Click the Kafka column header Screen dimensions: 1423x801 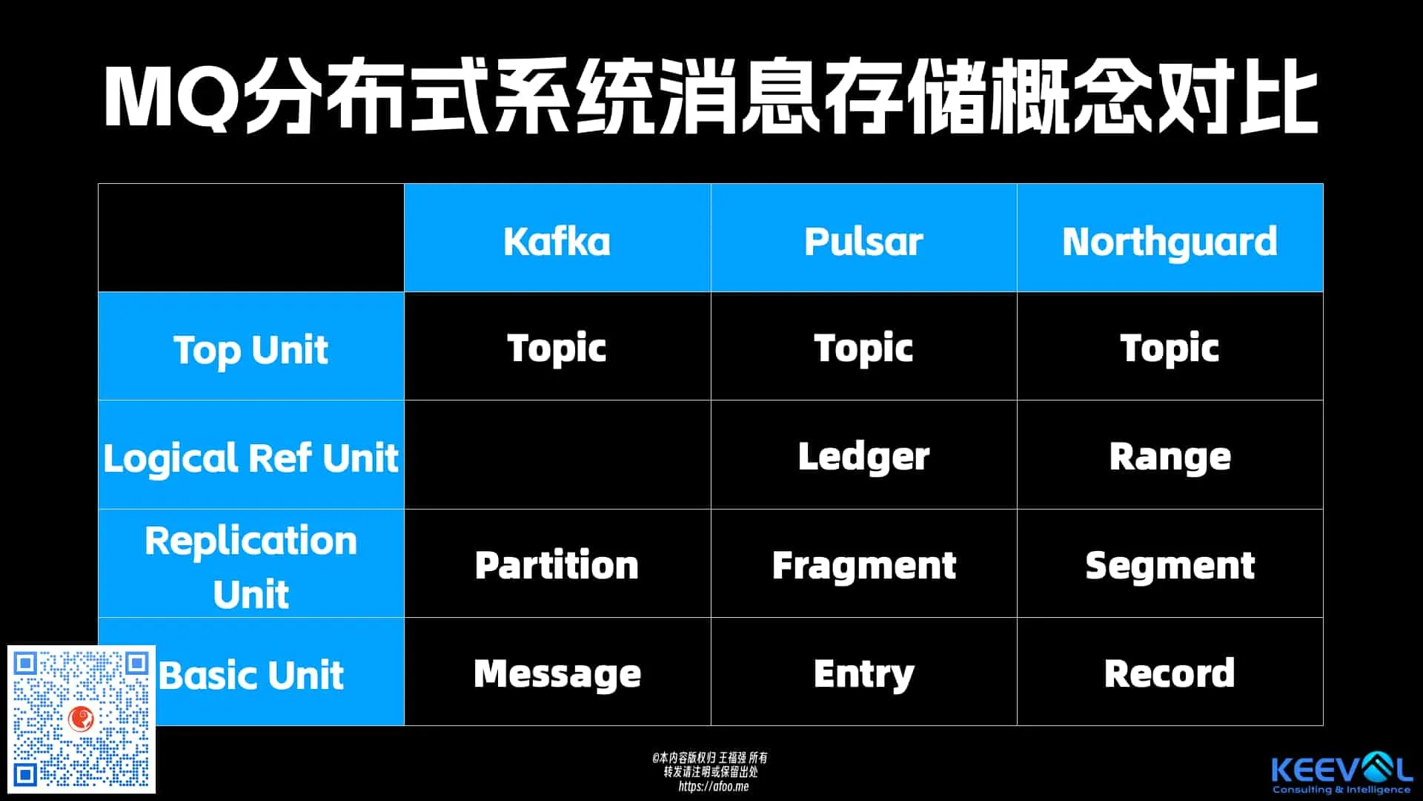[x=557, y=241]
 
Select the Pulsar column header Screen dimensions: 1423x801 [x=863, y=241]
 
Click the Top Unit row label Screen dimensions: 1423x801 [x=251, y=350]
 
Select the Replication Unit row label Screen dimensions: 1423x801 [x=251, y=567]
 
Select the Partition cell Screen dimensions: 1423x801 [x=557, y=565]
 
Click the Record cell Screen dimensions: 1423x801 [x=1170, y=673]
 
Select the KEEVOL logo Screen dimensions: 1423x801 [x=1341, y=774]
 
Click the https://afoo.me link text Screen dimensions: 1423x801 [x=713, y=786]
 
